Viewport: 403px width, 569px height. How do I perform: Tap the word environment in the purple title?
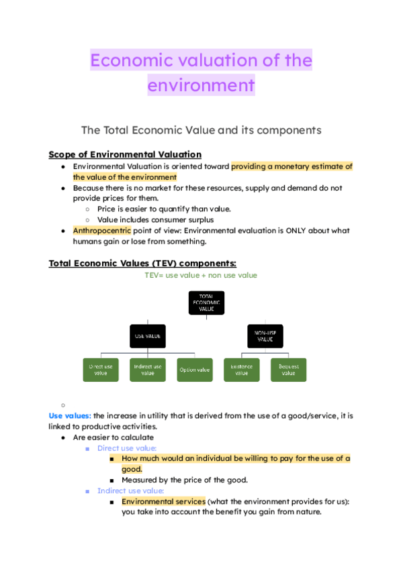point(201,85)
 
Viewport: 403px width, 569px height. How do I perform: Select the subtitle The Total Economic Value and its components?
point(201,130)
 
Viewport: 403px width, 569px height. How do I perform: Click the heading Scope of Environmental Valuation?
point(125,154)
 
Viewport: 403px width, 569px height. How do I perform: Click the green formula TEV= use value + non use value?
point(201,275)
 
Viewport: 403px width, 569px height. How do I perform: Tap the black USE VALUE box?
point(148,335)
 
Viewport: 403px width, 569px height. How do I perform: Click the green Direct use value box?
point(101,370)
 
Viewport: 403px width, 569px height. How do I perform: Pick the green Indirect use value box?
point(148,370)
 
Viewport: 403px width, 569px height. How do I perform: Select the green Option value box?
point(194,370)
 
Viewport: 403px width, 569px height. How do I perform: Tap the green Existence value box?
point(241,370)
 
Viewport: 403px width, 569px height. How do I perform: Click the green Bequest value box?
point(289,370)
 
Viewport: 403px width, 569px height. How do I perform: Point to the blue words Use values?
point(70,416)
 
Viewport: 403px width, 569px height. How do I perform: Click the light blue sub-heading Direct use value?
point(127,448)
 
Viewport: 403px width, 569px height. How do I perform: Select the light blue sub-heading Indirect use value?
point(130,490)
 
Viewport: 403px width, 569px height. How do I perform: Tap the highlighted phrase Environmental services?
point(163,501)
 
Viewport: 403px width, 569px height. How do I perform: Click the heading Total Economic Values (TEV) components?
point(142,263)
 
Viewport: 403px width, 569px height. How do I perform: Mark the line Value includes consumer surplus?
point(156,219)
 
